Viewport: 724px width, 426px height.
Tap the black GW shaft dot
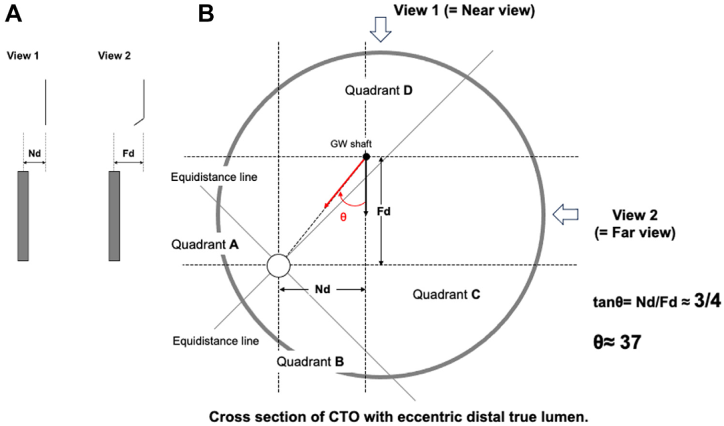(x=366, y=157)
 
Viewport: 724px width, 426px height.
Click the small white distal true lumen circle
(x=278, y=265)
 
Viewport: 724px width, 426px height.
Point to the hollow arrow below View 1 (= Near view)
(x=381, y=31)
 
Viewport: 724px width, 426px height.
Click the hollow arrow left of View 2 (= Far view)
(x=564, y=214)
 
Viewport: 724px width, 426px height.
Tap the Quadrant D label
(x=378, y=90)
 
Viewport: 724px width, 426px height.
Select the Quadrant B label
(x=310, y=361)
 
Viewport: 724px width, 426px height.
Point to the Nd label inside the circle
(x=322, y=289)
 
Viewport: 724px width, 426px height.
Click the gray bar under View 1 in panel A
(x=23, y=216)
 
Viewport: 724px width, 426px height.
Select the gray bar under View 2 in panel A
(x=114, y=216)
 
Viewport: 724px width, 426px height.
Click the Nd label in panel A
(x=34, y=153)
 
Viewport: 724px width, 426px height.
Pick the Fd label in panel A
(x=129, y=153)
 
